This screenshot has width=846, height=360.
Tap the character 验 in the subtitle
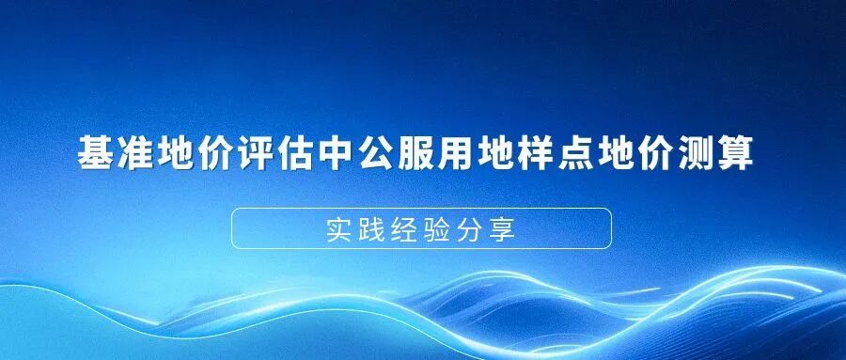(x=444, y=228)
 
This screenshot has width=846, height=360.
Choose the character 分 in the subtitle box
(x=478, y=228)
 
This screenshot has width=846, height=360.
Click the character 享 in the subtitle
(x=513, y=228)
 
